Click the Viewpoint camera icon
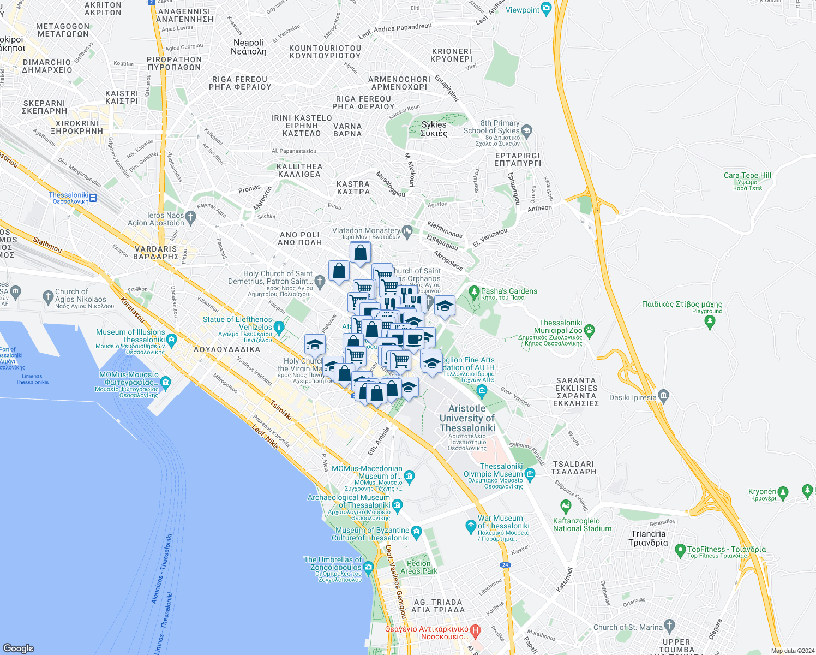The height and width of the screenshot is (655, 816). (546, 9)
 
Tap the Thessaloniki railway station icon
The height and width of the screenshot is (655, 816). (93, 198)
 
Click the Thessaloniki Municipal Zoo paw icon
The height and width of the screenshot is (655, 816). (589, 330)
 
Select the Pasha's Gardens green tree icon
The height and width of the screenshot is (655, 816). (473, 291)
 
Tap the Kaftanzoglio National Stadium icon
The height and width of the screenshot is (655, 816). (566, 508)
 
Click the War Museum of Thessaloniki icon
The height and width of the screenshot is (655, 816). (471, 526)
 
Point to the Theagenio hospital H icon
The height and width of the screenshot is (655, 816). (475, 632)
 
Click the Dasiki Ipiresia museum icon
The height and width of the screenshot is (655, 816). (663, 395)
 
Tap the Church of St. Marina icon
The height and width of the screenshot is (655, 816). (669, 625)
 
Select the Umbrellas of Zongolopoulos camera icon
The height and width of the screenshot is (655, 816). (368, 568)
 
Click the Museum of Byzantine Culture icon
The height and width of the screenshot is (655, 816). (416, 532)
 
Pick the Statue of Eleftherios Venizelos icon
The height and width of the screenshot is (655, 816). (279, 328)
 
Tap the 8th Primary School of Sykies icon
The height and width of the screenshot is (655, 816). (526, 130)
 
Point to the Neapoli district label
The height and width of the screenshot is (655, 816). (248, 47)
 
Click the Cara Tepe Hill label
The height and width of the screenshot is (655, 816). (747, 176)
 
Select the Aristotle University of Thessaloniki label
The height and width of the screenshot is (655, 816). (467, 418)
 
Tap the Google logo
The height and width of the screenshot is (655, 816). (18, 648)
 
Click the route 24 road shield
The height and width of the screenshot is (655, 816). (505, 565)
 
